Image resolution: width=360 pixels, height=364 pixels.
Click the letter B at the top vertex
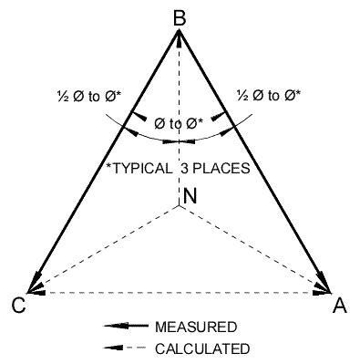pyautogui.click(x=180, y=16)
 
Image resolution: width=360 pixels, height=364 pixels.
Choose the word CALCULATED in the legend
pyautogui.click(x=201, y=347)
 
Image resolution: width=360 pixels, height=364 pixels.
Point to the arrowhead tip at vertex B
pyautogui.click(x=180, y=33)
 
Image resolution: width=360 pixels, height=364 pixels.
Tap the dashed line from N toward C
pyautogui.click(x=105, y=249)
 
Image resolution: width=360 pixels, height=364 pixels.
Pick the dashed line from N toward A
pyautogui.click(x=255, y=249)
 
